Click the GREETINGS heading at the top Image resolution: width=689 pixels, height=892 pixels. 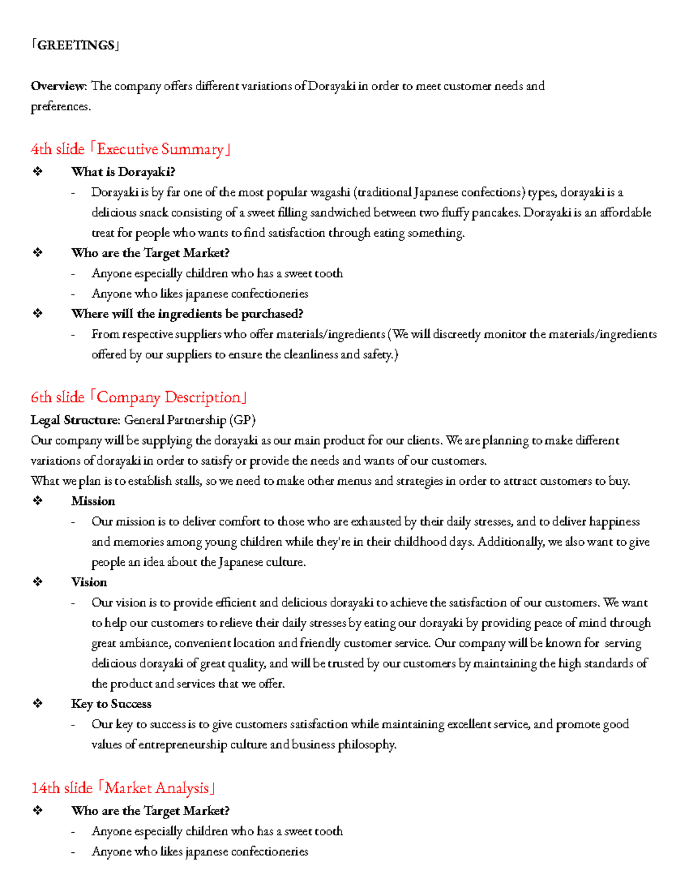(x=75, y=45)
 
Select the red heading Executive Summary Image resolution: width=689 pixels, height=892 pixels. (x=160, y=149)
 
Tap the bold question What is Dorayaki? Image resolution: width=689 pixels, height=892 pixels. (x=123, y=172)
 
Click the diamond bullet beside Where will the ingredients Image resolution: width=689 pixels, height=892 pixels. (x=38, y=314)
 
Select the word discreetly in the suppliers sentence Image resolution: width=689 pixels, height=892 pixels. (x=456, y=334)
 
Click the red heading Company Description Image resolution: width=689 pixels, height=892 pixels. (x=169, y=397)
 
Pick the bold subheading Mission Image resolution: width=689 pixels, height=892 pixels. (x=93, y=501)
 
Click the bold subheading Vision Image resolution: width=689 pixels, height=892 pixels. (x=89, y=582)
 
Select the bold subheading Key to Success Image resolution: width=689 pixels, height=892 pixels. (x=111, y=704)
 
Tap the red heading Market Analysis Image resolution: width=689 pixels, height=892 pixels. (x=157, y=788)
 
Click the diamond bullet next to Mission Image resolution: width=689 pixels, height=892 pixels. (x=38, y=501)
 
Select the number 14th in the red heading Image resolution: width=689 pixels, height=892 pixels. (x=45, y=788)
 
